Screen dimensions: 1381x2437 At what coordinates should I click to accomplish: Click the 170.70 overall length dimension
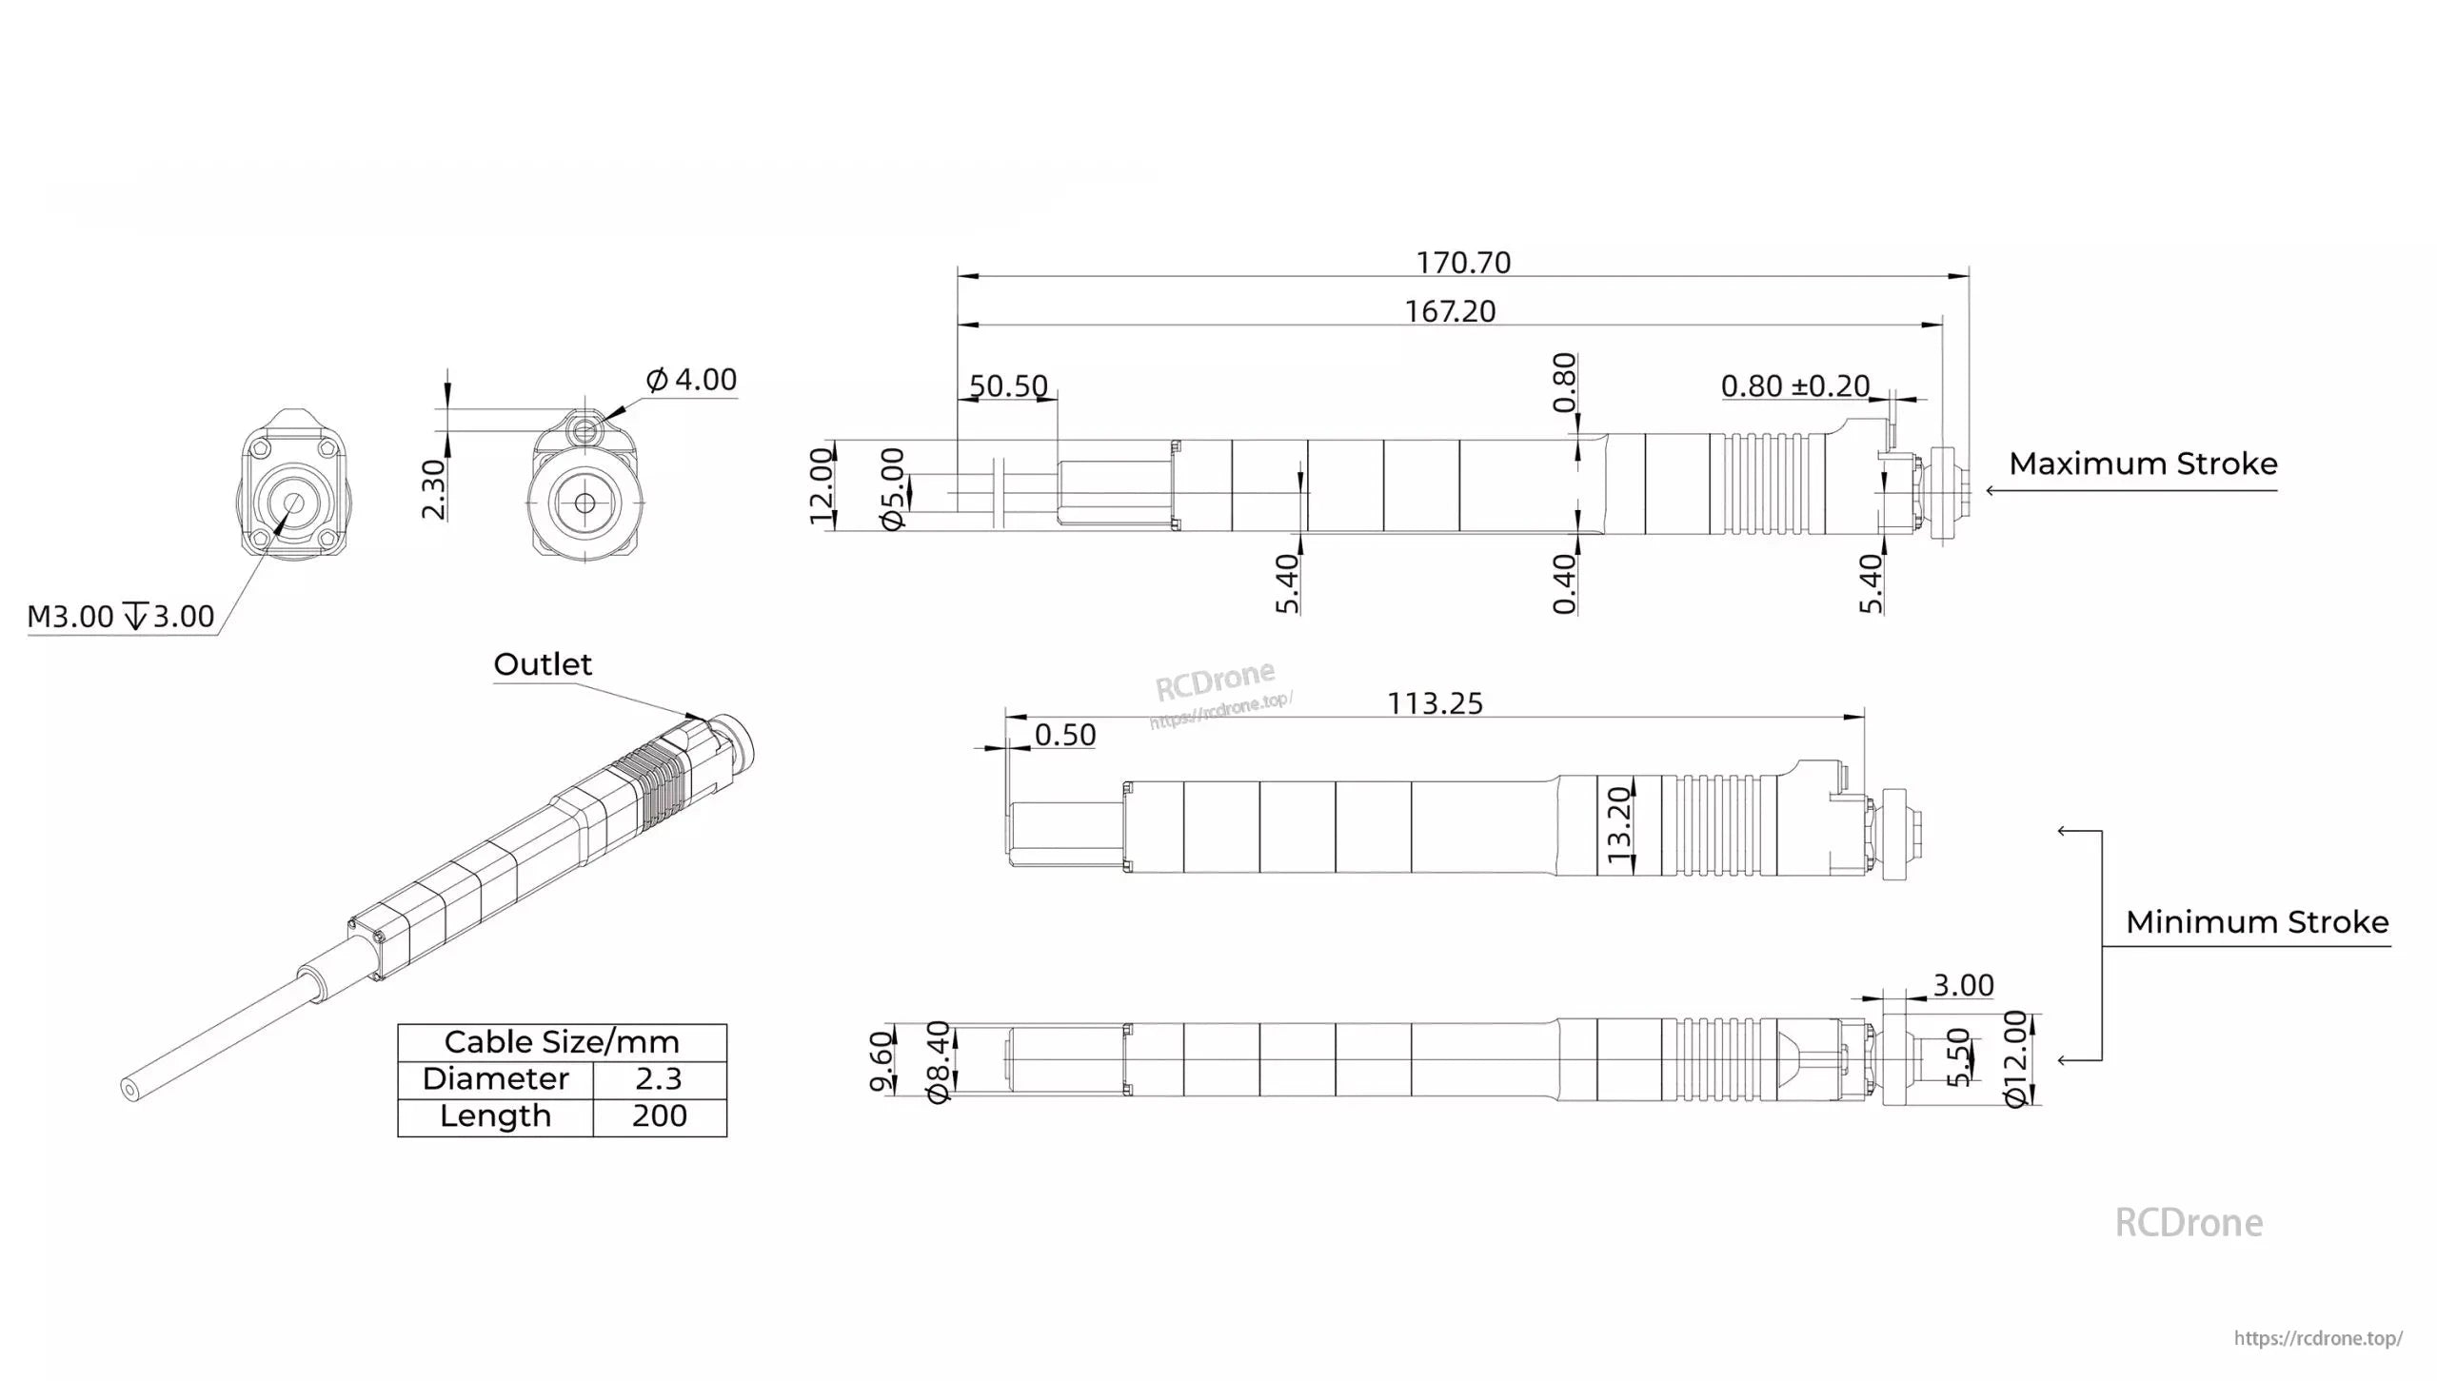pos(1463,263)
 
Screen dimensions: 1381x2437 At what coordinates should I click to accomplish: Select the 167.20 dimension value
pos(1450,311)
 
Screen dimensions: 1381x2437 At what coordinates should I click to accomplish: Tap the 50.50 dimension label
pos(1008,385)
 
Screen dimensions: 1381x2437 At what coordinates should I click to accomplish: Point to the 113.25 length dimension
pos(1435,703)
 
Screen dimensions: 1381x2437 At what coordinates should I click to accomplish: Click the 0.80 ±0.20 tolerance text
pos(1794,385)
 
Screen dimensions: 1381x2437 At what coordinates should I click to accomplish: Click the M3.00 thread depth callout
pos(121,617)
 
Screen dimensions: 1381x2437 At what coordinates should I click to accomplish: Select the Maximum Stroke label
pos(2143,464)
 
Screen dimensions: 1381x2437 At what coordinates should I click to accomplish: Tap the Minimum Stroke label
pos(2256,921)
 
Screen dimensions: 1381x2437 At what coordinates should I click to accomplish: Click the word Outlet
pos(543,664)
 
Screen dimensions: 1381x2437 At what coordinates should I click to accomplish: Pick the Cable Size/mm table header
pos(562,1041)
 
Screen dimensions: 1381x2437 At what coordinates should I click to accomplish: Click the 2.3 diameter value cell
pos(659,1078)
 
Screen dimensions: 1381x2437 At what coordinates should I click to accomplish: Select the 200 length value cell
pos(659,1115)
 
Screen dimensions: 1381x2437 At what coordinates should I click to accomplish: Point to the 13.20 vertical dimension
pos(1619,825)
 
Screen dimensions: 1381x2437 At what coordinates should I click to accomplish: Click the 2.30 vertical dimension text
pos(433,489)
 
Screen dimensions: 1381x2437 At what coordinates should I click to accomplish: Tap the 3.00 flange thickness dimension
pos(1963,985)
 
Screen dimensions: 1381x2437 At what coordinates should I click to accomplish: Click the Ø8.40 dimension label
pos(939,1062)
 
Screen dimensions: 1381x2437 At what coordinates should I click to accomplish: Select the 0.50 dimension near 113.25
pos(1064,735)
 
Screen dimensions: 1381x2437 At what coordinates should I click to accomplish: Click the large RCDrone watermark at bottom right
pos(2188,1223)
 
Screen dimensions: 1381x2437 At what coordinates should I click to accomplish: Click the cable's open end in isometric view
pos(129,1089)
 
